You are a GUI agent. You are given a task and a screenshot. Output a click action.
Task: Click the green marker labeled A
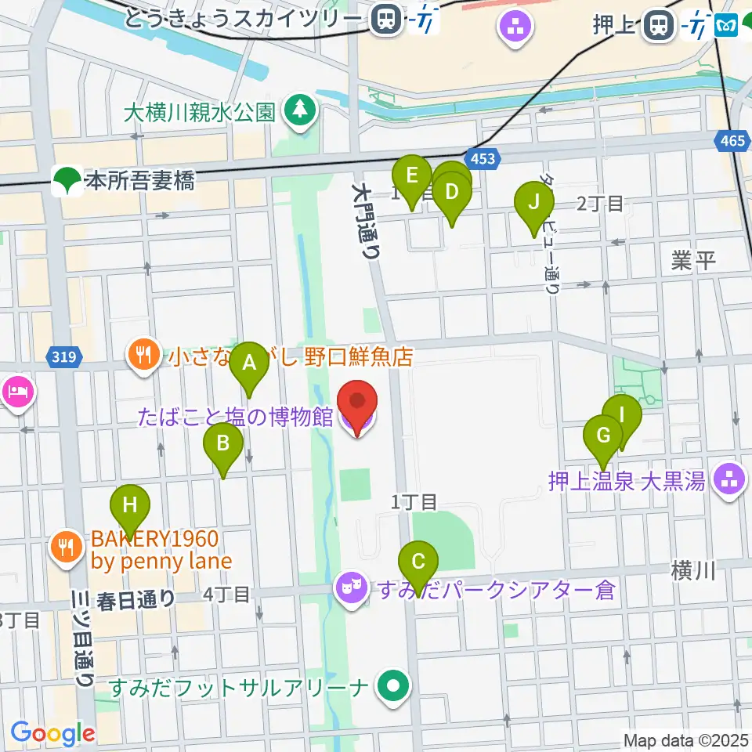coord(250,363)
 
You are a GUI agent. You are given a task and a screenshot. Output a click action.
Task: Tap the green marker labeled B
coord(223,444)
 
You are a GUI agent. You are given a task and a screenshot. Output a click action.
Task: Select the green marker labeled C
coord(418,562)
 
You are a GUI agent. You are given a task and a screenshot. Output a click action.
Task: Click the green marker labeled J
coord(533,202)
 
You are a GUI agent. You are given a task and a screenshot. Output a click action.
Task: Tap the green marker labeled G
coord(604,435)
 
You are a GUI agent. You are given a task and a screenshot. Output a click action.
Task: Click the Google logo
coord(52,733)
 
